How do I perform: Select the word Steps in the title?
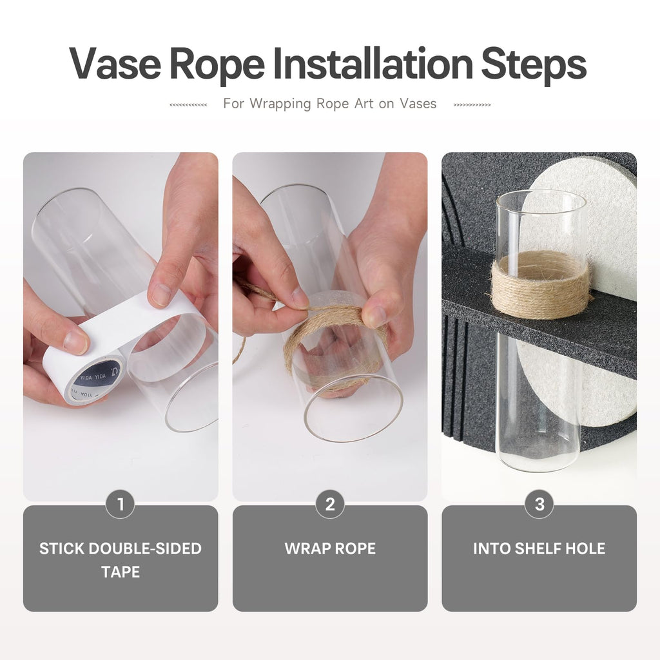click(534, 66)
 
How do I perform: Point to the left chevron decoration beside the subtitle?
click(188, 105)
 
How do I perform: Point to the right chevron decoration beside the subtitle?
click(472, 105)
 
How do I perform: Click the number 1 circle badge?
click(121, 504)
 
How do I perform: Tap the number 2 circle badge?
click(330, 504)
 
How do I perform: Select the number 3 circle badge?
click(539, 504)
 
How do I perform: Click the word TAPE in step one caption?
click(121, 572)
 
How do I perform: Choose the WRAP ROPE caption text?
click(330, 548)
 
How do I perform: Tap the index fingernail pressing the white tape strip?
click(160, 294)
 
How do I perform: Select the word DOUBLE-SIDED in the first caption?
click(145, 548)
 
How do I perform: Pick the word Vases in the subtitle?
click(418, 104)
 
